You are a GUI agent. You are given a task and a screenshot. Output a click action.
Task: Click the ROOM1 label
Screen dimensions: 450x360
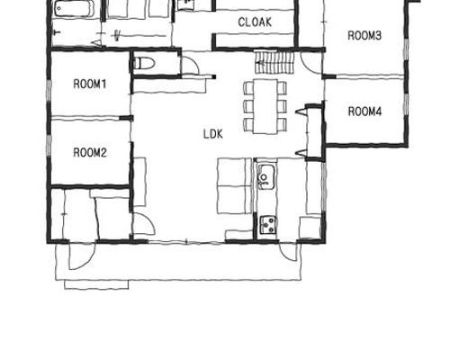[x=90, y=84]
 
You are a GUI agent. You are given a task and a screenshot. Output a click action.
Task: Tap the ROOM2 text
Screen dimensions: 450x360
[x=90, y=153]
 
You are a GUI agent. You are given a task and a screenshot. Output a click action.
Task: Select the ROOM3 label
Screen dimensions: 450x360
[x=364, y=35]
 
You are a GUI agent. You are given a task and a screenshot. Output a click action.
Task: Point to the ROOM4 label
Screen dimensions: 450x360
[x=364, y=112]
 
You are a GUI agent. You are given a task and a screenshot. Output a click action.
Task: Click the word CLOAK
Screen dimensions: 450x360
[x=255, y=22]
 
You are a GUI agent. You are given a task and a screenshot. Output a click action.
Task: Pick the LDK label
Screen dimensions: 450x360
[x=213, y=134]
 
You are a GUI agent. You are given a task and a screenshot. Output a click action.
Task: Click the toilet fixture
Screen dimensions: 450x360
[x=144, y=63]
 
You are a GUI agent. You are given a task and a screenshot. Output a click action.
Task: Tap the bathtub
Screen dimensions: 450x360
[x=71, y=9]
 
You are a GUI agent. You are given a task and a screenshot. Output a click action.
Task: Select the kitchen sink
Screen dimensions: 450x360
[x=265, y=177]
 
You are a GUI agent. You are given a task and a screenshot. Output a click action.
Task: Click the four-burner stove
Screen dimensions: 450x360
[x=268, y=225]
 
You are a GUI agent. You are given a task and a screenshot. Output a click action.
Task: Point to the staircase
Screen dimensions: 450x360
[x=274, y=62]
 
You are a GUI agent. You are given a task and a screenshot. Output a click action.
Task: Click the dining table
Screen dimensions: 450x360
[x=265, y=106]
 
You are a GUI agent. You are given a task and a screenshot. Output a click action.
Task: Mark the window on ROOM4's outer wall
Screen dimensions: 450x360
[x=406, y=104]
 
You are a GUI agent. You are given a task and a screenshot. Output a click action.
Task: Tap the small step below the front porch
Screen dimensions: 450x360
[x=96, y=284]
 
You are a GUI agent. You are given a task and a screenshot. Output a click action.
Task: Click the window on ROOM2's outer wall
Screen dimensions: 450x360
[x=49, y=146]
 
